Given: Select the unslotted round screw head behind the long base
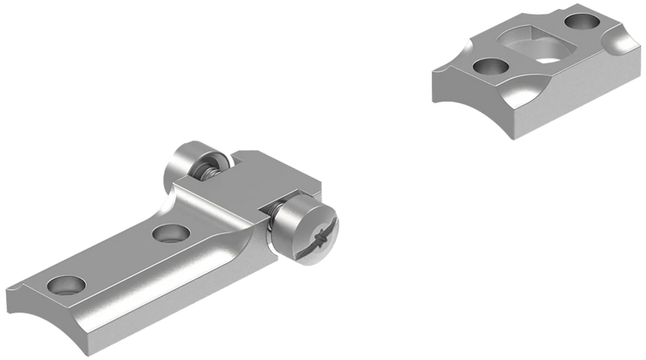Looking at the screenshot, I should (184, 165).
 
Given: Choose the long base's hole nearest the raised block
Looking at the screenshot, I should (169, 234).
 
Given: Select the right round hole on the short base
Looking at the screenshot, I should (587, 22).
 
